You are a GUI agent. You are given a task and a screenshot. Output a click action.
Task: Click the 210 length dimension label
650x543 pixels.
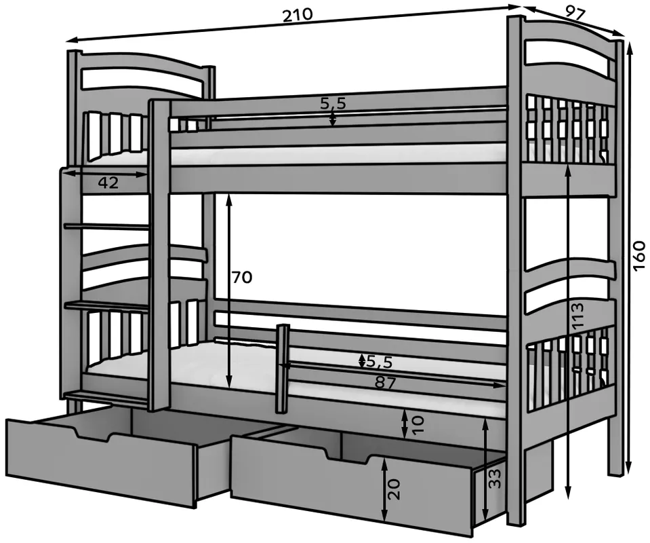298,15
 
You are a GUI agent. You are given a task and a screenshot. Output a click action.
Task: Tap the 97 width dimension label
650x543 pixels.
575,14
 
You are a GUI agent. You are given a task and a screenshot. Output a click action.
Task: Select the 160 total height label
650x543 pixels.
640,255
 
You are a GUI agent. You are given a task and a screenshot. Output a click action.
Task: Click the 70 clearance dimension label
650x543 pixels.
242,277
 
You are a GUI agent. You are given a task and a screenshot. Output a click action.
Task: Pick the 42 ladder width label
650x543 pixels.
108,183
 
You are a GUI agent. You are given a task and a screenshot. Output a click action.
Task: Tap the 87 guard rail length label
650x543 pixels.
386,382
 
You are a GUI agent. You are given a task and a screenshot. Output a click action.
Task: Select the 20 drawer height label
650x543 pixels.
395,489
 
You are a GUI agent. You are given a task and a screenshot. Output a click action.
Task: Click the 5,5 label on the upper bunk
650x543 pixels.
333,103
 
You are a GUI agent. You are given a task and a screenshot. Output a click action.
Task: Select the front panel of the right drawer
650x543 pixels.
352,485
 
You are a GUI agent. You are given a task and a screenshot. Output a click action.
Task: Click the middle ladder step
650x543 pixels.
106,306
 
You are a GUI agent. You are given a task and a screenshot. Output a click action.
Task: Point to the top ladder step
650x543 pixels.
106,227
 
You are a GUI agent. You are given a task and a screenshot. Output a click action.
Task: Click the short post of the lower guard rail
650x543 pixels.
283,369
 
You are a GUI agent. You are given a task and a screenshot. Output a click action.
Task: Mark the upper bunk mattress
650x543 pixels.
338,157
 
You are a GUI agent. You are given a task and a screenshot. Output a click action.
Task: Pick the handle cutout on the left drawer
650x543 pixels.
94,434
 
